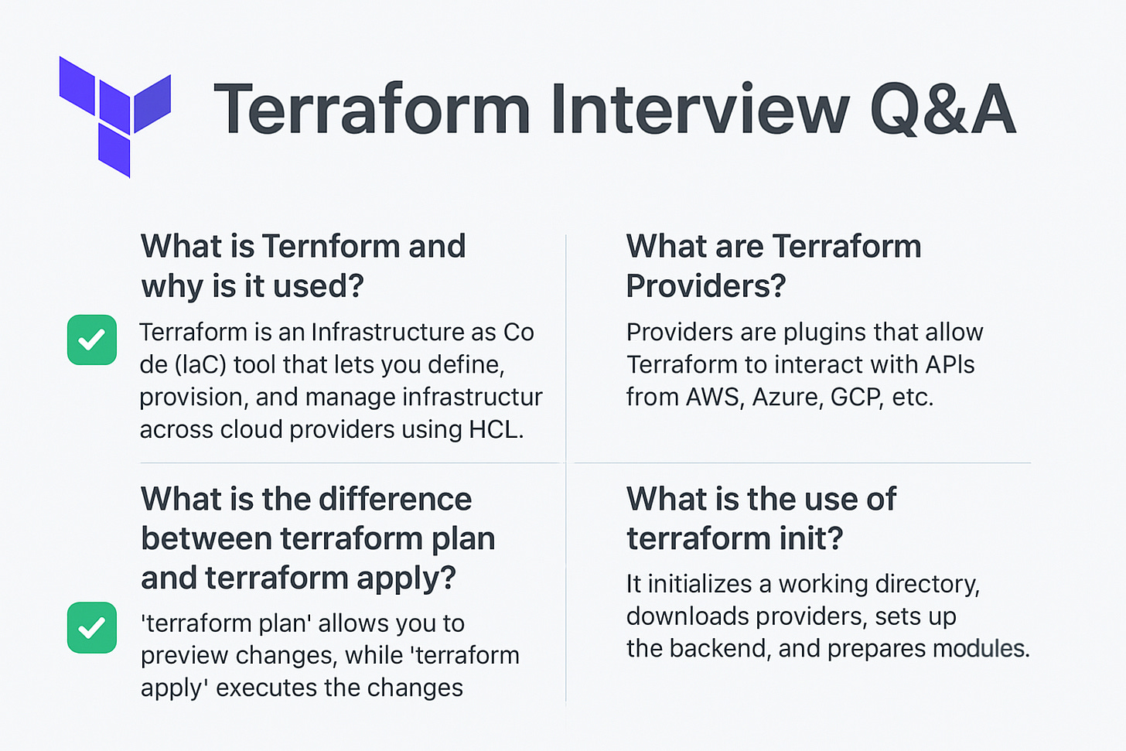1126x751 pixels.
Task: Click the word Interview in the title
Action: click(699, 110)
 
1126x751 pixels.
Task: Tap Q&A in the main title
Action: click(942, 110)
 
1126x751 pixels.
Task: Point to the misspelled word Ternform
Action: click(331, 247)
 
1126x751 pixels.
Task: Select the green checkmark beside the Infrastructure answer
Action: click(92, 340)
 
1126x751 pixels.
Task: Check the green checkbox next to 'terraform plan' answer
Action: click(92, 627)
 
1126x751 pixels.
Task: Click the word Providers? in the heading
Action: click(705, 286)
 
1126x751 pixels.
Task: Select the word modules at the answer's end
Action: click(981, 648)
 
